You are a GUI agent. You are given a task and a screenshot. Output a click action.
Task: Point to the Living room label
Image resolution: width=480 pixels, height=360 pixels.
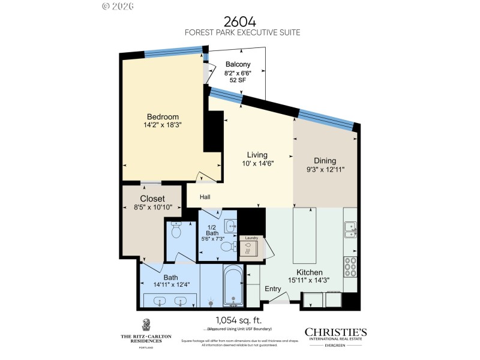(257, 155)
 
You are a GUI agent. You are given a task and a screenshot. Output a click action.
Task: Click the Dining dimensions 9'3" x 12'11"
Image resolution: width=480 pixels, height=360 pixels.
(325, 170)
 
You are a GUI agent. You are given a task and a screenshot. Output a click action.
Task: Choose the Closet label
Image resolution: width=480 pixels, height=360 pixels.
(152, 199)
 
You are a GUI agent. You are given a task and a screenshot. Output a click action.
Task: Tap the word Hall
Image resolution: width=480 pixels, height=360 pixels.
(205, 197)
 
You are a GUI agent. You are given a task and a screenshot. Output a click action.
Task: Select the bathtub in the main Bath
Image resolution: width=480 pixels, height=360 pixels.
(233, 286)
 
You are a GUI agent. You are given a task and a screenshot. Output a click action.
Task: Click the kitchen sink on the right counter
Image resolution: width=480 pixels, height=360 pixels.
(350, 228)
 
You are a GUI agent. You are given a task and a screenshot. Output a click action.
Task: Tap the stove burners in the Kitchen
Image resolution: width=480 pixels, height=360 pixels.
(350, 265)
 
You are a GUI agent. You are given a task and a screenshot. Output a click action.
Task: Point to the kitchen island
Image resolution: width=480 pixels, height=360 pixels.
(304, 235)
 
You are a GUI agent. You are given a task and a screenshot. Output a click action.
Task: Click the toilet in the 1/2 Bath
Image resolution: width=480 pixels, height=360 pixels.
(229, 247)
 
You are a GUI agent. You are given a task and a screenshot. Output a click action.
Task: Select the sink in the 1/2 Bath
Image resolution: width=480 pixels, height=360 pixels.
(231, 226)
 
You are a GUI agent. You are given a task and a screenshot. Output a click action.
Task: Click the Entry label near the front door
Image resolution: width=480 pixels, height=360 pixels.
(273, 289)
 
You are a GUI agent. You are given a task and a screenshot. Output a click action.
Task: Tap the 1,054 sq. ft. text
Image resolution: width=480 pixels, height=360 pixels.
(240, 320)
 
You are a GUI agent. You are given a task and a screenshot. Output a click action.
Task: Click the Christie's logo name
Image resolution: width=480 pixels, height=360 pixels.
(335, 332)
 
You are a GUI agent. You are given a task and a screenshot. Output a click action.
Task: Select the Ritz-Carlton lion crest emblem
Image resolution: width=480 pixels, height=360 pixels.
(146, 324)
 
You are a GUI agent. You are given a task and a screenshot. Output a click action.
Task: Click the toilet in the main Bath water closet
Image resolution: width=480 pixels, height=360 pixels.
(176, 230)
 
